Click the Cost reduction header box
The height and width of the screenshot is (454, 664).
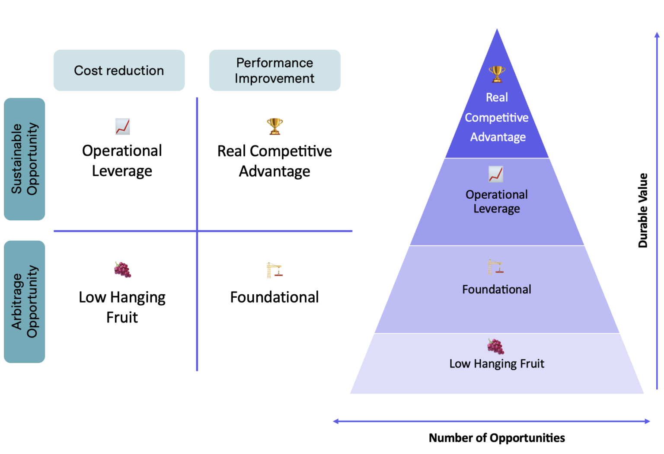click(x=119, y=71)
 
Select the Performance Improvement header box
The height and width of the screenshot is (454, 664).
click(x=275, y=71)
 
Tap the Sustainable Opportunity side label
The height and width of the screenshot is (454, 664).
click(x=24, y=159)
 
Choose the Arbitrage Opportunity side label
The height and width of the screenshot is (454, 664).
click(x=24, y=302)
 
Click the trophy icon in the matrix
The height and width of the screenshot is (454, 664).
click(x=275, y=126)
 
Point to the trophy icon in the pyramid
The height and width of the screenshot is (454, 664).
click(x=497, y=74)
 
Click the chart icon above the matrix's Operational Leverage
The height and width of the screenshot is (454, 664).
click(x=123, y=126)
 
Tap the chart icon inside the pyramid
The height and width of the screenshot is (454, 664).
click(x=496, y=174)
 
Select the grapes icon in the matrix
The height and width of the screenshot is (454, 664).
click(x=123, y=269)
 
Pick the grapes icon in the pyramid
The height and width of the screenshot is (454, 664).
click(x=496, y=346)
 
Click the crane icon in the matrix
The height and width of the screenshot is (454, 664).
click(x=274, y=270)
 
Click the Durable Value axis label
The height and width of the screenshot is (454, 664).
click(x=643, y=210)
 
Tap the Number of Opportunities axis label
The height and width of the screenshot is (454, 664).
click(x=497, y=438)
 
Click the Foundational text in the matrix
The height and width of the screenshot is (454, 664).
click(x=275, y=297)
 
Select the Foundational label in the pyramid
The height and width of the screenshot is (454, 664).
click(x=497, y=290)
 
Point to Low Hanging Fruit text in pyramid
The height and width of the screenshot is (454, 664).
click(x=497, y=364)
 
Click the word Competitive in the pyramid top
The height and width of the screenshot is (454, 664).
click(x=497, y=118)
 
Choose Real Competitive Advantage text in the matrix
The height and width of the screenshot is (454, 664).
click(x=275, y=161)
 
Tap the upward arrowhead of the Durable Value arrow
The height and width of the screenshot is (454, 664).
click(x=657, y=35)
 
